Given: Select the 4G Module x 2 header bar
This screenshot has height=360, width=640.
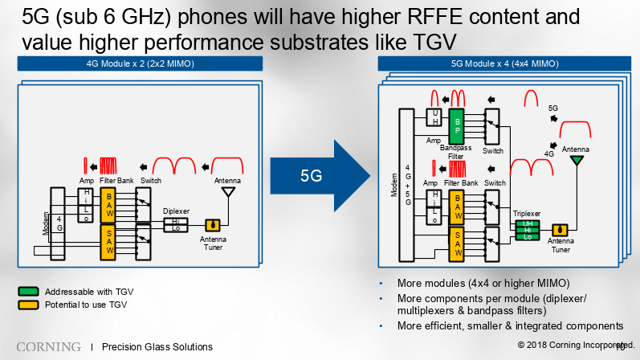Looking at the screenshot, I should (141, 63).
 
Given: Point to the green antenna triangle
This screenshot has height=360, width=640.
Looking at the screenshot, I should (576, 162).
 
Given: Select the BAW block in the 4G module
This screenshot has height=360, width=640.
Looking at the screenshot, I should (108, 206).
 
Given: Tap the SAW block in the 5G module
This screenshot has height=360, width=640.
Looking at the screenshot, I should (457, 241).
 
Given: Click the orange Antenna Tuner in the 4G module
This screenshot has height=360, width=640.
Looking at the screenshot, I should (213, 225).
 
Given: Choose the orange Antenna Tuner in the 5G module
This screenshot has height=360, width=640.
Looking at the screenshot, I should (561, 231).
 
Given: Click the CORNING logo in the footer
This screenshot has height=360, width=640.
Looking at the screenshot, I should (48, 346).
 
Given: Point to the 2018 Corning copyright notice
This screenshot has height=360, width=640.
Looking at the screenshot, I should (570, 345).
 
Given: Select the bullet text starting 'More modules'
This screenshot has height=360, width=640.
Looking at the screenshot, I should (483, 284).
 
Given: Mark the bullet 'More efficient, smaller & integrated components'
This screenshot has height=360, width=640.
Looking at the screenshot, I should (510, 325).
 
